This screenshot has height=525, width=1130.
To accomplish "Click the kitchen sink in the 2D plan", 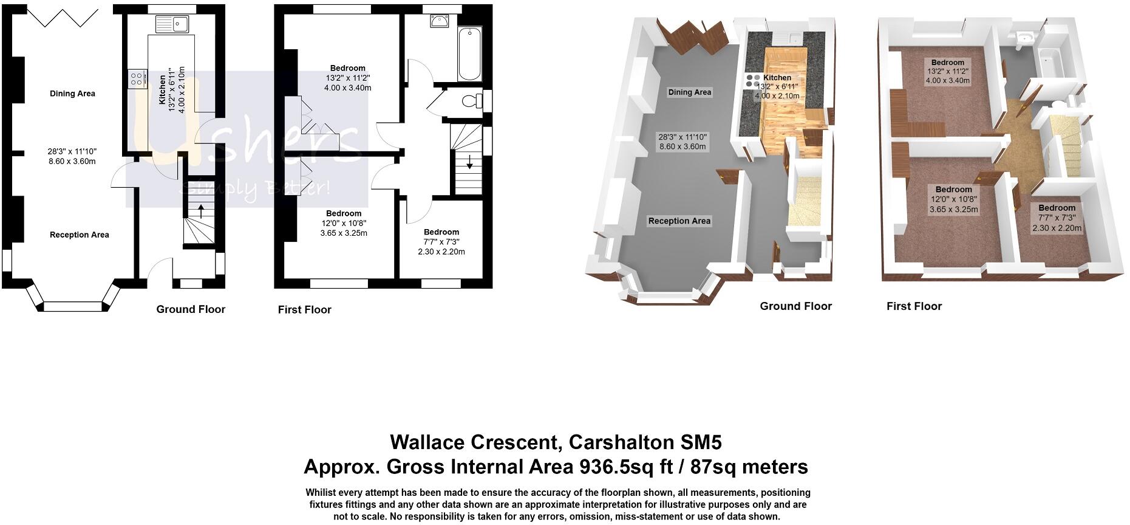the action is [x=172, y=25].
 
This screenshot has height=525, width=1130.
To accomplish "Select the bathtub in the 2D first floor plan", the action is [x=469, y=54].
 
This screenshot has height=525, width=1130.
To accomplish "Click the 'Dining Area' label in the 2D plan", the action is [x=72, y=94].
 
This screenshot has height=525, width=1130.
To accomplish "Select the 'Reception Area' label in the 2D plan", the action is [x=80, y=235].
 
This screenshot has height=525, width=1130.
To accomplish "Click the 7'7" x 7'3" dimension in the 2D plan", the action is [x=441, y=242].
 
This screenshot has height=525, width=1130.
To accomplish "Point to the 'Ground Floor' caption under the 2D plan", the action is [x=191, y=309].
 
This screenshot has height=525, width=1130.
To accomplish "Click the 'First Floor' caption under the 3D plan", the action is [x=914, y=306].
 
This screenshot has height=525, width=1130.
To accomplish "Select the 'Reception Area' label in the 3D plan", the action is [x=679, y=221].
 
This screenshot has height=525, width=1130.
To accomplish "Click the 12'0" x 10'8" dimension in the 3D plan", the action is [x=953, y=199].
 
